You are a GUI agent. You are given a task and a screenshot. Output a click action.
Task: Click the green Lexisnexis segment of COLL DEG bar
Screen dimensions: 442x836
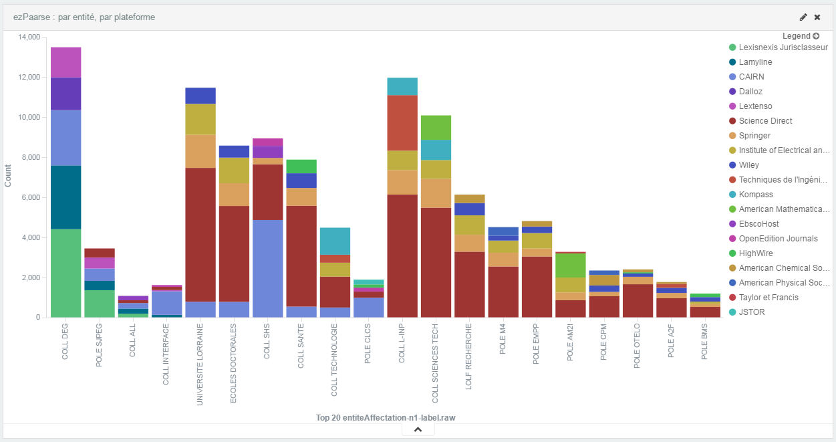[x=65, y=273]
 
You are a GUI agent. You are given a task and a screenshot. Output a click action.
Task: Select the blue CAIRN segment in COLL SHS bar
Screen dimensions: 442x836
[x=267, y=268]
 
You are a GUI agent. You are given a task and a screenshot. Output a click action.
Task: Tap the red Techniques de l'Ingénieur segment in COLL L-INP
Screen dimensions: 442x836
[x=402, y=122]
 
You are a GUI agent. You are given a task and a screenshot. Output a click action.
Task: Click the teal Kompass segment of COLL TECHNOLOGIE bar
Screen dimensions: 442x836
[x=335, y=241]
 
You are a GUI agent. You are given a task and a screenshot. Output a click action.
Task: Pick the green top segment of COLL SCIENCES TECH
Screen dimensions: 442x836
[x=436, y=127]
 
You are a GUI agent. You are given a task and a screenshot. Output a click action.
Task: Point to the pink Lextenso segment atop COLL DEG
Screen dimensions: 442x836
[x=65, y=62]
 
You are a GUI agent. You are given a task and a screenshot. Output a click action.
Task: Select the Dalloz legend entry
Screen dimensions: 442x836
[x=750, y=92]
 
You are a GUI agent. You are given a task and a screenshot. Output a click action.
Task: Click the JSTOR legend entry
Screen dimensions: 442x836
[x=752, y=312]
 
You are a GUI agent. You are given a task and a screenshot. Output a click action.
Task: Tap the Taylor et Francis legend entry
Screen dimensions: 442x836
[x=769, y=298]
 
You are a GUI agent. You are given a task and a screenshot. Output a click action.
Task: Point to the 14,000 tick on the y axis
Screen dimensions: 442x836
[x=30, y=37]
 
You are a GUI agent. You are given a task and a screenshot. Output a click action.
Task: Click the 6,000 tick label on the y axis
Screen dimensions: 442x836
[x=32, y=198]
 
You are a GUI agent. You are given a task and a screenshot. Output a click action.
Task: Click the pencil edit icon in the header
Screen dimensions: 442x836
[x=803, y=17]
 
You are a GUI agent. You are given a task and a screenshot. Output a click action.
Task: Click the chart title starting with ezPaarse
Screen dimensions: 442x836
[x=84, y=17]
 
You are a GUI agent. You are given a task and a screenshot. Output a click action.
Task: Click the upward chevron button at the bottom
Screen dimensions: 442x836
[x=418, y=429]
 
